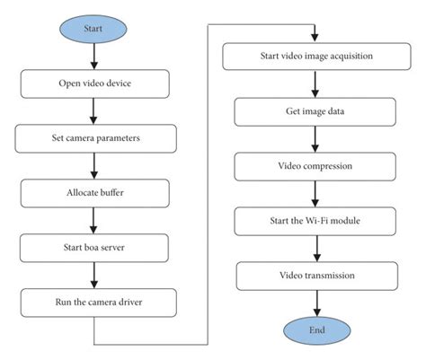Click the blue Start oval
(x=93, y=27)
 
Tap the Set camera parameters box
(x=93, y=139)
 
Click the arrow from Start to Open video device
(x=93, y=57)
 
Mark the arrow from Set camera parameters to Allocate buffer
(x=93, y=165)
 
